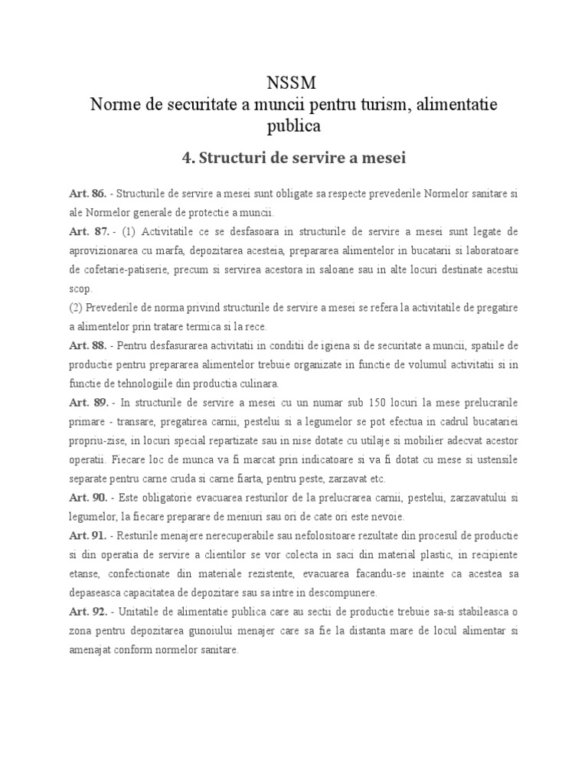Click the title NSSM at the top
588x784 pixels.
[293, 82]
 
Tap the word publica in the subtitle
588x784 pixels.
[293, 125]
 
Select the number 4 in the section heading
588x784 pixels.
[186, 158]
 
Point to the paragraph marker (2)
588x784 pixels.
[75, 308]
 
